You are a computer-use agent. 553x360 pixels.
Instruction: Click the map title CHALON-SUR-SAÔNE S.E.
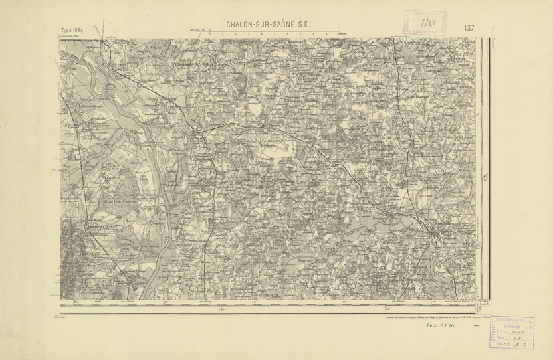tap(269, 25)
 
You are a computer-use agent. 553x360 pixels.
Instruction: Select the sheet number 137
tap(469, 28)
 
